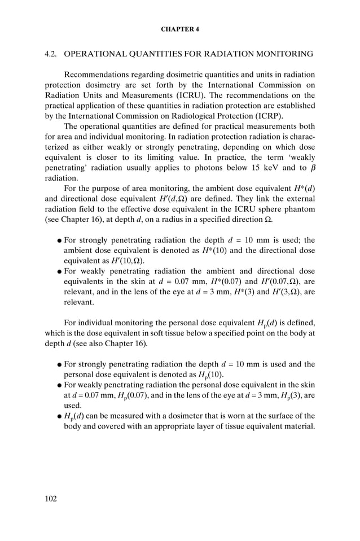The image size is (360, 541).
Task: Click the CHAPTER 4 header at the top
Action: pos(180,28)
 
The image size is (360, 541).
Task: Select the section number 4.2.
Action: pos(52,54)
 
